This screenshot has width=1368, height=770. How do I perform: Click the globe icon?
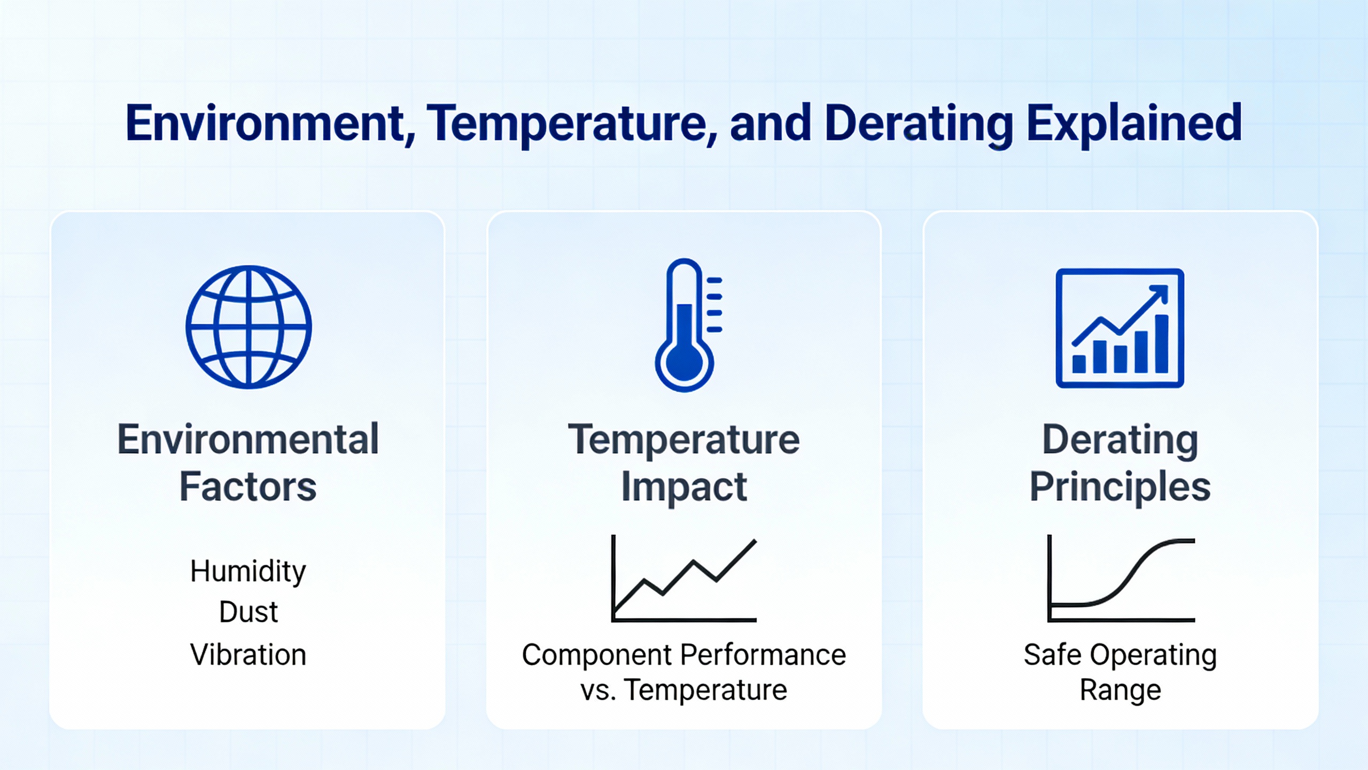coord(248,327)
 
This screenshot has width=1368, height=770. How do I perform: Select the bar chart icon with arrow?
coord(1120,328)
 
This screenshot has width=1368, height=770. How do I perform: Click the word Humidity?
coord(248,571)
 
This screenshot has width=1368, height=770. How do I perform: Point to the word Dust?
coord(248,612)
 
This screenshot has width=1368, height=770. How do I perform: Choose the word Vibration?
coord(248,654)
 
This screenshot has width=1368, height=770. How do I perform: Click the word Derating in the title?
coord(919,124)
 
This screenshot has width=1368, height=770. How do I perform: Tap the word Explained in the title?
coord(1134,124)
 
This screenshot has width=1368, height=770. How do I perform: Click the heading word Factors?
coord(248,487)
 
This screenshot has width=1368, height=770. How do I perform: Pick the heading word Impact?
coord(684,487)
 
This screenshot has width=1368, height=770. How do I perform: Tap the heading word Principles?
coord(1120,487)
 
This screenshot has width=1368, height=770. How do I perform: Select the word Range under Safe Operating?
coord(1120,690)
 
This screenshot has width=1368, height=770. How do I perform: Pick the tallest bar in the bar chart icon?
coord(1162,343)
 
